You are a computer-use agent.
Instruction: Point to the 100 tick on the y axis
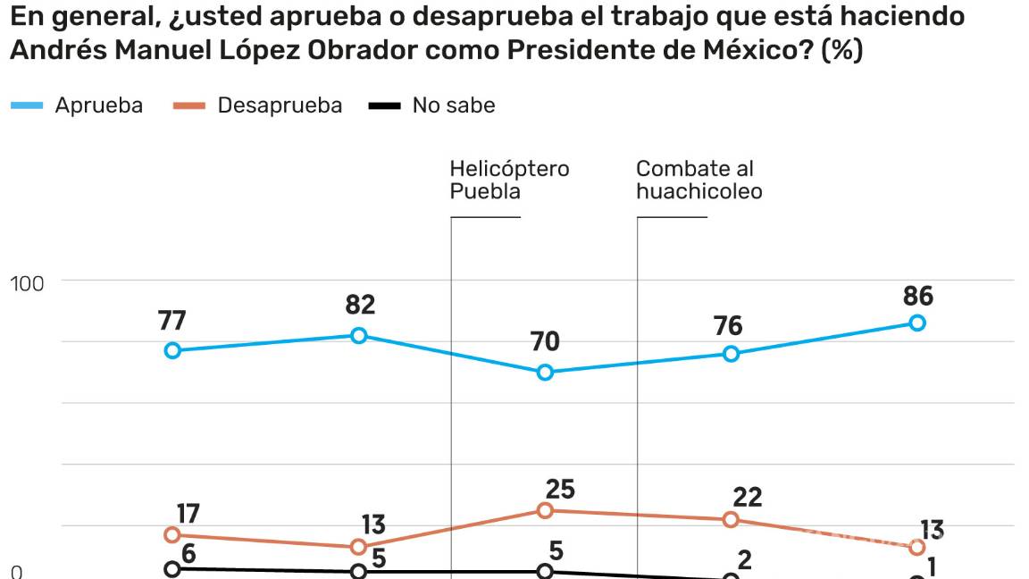point(27,283)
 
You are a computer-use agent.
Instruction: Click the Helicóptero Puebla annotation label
point(509,180)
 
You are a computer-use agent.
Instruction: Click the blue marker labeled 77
point(172,350)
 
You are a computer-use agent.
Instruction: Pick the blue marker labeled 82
point(358,335)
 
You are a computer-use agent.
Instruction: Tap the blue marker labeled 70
point(545,373)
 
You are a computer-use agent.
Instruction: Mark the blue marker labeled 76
point(731,354)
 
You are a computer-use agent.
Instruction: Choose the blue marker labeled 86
point(916,323)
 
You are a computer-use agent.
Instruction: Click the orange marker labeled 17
point(172,535)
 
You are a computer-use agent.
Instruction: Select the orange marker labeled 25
point(545,510)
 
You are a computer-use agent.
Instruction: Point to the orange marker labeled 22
point(731,520)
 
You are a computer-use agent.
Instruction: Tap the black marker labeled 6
point(172,569)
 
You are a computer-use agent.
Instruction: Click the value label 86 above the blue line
point(917,296)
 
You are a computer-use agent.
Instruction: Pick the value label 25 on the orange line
point(560,490)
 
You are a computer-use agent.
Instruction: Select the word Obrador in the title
point(359,51)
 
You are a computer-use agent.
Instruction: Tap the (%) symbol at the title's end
point(841,51)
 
